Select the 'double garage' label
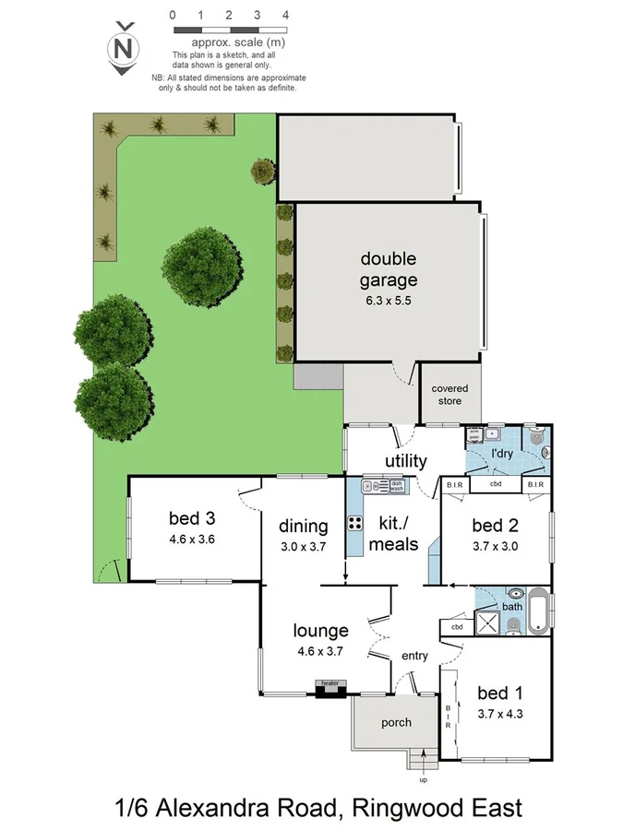[389, 269]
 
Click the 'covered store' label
[449, 395]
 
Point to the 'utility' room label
[406, 460]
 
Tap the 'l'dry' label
[502, 456]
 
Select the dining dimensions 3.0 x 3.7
[303, 545]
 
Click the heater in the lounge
[330, 686]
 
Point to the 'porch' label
[397, 722]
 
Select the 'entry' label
[414, 656]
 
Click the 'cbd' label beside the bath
[457, 627]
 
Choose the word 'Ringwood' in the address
[395, 809]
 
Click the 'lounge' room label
[320, 631]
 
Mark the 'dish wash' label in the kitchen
[421, 484]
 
